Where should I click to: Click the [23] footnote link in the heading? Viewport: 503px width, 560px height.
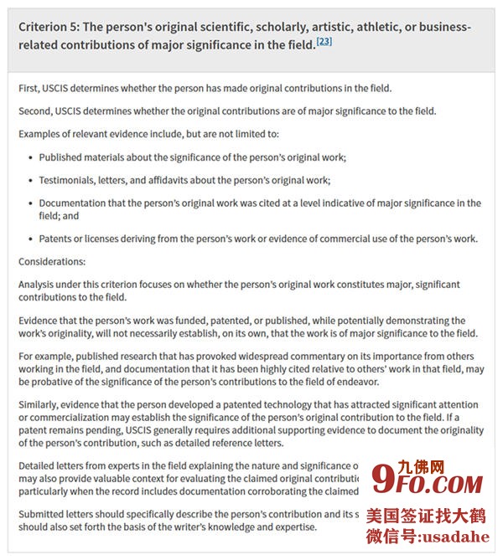tap(324, 41)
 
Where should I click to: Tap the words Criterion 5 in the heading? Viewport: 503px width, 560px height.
tap(50, 26)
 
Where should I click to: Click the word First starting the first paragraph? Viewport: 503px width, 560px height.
tap(29, 89)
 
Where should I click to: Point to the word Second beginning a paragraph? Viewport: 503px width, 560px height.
tap(36, 111)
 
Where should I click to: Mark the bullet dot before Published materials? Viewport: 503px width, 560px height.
tap(30, 157)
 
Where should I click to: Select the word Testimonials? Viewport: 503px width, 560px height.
tap(72, 180)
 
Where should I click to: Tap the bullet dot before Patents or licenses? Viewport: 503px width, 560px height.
tap(30, 239)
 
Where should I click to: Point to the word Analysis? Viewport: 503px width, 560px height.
tap(39, 285)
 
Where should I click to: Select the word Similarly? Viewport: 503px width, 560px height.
tap(41, 405)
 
